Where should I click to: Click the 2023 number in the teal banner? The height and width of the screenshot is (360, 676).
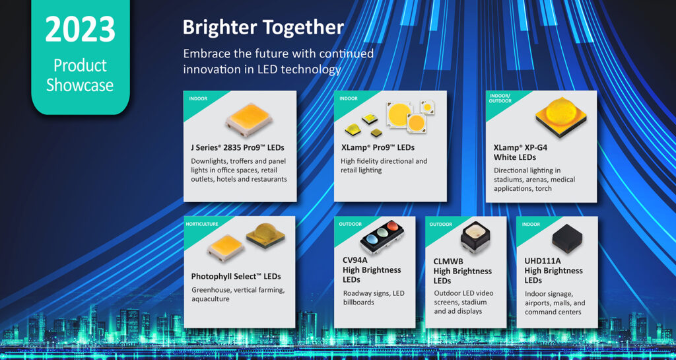tap(80, 29)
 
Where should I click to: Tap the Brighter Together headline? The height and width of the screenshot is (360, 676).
tap(263, 28)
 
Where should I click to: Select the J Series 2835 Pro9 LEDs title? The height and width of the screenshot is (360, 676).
tap(238, 147)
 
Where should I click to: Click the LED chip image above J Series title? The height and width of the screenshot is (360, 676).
tap(249, 120)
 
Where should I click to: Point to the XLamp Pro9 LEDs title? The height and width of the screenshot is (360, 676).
tap(378, 147)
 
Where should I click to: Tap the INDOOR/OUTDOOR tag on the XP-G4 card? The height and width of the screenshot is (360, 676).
tap(500, 98)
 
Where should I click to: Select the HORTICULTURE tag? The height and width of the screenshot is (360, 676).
tap(202, 224)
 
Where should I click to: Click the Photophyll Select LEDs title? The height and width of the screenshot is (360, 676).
tap(236, 276)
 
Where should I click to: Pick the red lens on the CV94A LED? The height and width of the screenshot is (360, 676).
tap(392, 226)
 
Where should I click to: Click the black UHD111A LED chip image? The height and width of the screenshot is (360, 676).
tap(567, 238)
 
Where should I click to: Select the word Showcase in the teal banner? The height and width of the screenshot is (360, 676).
tap(80, 85)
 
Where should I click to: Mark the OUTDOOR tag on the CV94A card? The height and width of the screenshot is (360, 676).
tap(350, 224)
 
